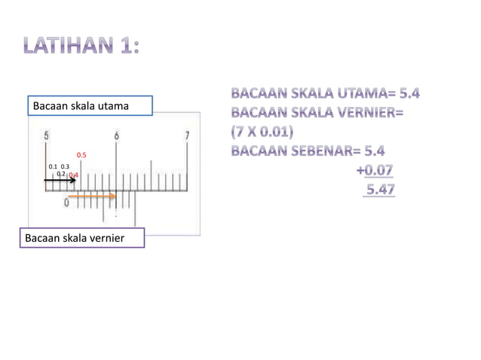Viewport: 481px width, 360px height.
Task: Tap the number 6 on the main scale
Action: [117, 136]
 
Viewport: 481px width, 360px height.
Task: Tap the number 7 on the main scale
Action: [187, 136]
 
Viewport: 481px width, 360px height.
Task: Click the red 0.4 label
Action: [73, 175]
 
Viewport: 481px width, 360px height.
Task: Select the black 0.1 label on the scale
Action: [53, 166]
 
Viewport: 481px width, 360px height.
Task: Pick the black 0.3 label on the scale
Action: [65, 166]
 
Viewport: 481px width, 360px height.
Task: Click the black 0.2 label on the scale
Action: [61, 173]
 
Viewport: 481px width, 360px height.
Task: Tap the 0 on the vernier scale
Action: [67, 203]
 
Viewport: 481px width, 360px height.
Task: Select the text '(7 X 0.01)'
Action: [262, 132]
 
